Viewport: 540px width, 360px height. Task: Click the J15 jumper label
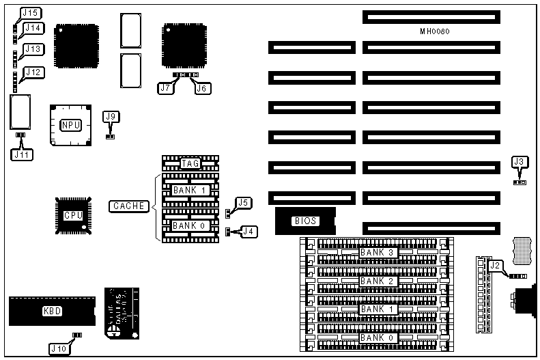[x=31, y=13]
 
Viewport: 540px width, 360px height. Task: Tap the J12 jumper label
[x=33, y=72]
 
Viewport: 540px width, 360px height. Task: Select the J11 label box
[x=21, y=154]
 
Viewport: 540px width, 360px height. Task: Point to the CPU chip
[x=73, y=214]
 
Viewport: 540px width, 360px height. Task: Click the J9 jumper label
[x=111, y=116]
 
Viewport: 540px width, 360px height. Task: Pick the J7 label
[x=165, y=88]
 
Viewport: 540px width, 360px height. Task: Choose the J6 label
[x=201, y=88]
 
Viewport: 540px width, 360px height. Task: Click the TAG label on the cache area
[x=190, y=163]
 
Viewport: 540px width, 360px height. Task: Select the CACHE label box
[x=129, y=206]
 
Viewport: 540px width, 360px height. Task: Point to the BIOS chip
[x=304, y=221]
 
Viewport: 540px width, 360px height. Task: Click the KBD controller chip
[x=52, y=311]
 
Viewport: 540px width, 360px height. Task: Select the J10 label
[x=59, y=348]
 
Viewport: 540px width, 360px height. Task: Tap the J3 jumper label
[x=520, y=162]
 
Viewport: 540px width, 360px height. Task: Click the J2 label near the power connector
[x=496, y=266]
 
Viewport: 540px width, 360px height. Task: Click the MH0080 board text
[x=435, y=31]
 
